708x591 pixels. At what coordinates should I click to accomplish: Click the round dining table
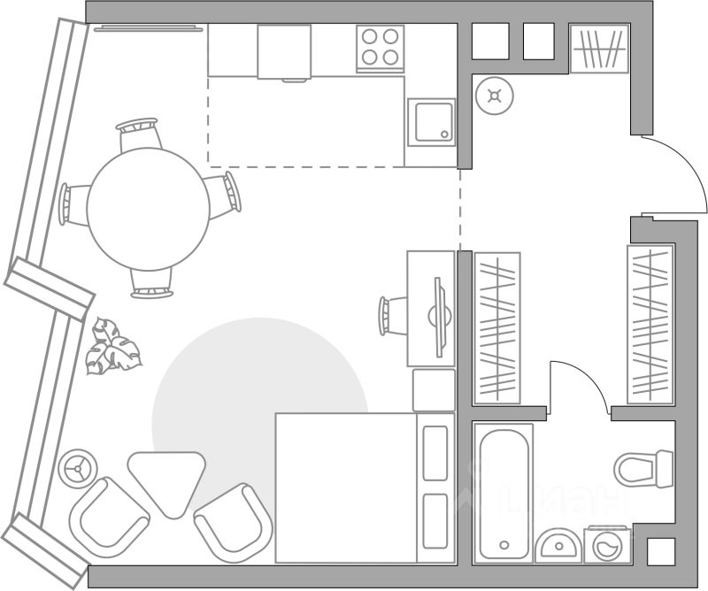click(x=148, y=209)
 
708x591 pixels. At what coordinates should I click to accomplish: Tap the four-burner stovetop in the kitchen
click(x=381, y=47)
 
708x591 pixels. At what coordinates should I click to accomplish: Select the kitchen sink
click(x=431, y=122)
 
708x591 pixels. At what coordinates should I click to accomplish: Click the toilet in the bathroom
click(x=643, y=467)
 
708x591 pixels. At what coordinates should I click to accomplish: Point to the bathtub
click(x=504, y=491)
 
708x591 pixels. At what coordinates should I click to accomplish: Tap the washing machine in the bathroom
click(x=608, y=543)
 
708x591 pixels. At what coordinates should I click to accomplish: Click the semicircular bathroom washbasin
click(x=558, y=544)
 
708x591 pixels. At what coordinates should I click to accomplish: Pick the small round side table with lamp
click(x=79, y=466)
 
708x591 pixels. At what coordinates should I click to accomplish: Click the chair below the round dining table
click(x=150, y=282)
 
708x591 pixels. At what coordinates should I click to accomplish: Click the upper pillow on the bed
click(x=435, y=453)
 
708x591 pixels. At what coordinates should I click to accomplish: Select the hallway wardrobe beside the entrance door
click(x=650, y=324)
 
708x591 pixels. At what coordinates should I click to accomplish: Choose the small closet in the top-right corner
click(x=599, y=48)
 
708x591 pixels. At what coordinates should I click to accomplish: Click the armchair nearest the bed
click(x=231, y=523)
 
